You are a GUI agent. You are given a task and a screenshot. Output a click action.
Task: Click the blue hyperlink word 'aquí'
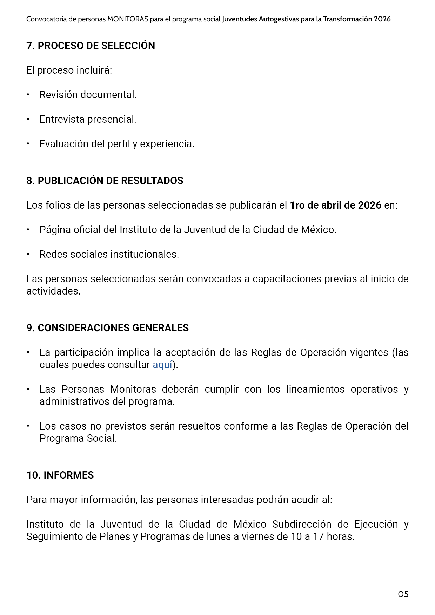162,365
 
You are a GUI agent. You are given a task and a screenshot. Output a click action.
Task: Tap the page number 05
403,594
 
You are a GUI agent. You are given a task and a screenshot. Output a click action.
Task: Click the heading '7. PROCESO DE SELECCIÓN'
91,46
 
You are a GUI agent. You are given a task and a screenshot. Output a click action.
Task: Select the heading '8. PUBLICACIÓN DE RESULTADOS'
105,181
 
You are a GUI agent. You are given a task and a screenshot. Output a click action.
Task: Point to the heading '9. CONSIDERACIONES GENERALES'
107,328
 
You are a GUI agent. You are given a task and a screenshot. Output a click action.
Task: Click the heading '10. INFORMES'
60,475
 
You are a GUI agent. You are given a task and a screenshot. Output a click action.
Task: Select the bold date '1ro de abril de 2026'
335,205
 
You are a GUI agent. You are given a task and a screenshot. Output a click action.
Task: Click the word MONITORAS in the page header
128,19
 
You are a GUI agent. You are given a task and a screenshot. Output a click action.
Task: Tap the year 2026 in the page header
382,19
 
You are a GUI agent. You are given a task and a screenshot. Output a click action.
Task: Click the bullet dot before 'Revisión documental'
28,95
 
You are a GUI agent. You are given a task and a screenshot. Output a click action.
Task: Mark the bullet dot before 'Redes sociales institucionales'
28,254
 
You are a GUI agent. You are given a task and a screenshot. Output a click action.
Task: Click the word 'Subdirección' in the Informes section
301,524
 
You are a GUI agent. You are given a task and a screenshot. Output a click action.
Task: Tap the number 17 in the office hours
318,537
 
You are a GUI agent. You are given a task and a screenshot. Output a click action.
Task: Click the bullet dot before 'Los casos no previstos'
28,426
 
